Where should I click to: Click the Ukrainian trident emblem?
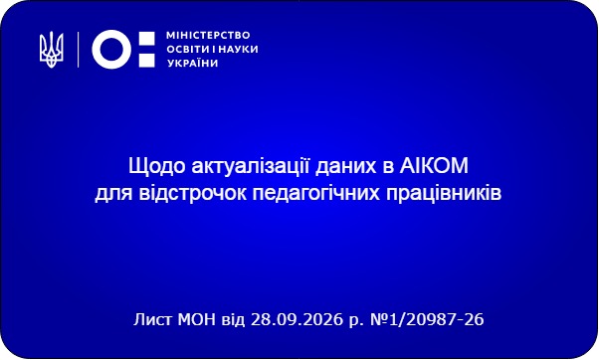point(51,50)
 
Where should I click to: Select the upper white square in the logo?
point(146,39)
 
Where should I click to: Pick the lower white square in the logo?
point(146,61)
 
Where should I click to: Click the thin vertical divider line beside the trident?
point(79,50)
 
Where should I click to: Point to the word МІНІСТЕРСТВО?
point(208,35)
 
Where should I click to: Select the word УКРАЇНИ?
point(193,63)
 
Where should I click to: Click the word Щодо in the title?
point(157,166)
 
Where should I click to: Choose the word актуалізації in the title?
point(251,166)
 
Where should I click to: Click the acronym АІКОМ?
point(434,166)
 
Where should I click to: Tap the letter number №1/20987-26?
point(427,319)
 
